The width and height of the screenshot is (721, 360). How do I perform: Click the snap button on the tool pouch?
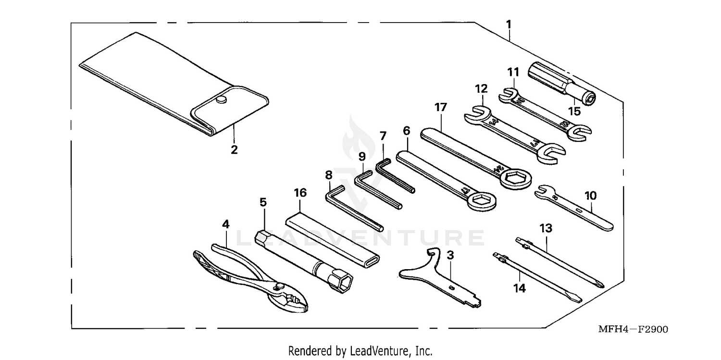click(221, 99)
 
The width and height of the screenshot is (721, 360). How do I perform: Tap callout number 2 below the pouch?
click(234, 149)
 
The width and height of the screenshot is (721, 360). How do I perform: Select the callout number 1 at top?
click(509, 24)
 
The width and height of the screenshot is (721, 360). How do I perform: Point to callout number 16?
click(300, 193)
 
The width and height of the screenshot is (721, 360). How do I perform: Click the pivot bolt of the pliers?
click(277, 287)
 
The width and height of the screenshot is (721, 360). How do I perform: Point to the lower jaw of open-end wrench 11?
click(581, 135)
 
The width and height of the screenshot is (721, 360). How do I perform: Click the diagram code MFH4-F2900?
click(633, 330)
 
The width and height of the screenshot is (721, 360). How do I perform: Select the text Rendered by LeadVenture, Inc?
click(360, 351)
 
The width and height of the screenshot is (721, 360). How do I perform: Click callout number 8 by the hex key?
click(329, 174)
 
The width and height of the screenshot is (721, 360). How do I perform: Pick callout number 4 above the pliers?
click(226, 224)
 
